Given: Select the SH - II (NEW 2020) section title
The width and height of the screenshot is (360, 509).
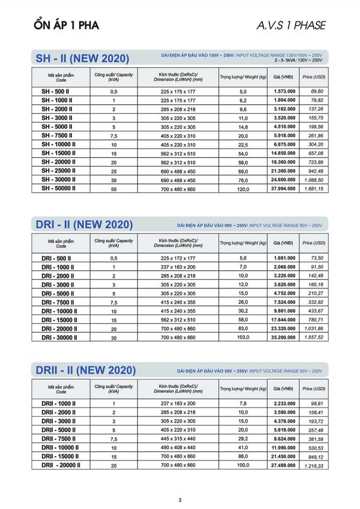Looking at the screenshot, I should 82,59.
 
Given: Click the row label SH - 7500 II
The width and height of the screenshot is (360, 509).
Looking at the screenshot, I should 58,135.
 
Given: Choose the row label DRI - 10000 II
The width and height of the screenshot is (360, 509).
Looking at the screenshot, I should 59,311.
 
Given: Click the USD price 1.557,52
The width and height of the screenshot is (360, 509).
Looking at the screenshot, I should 314,338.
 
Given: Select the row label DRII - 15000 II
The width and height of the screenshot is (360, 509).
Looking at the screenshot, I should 61,456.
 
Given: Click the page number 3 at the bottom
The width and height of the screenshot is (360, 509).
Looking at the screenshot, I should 179,500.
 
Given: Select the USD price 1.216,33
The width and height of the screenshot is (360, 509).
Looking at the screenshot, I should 314,465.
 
